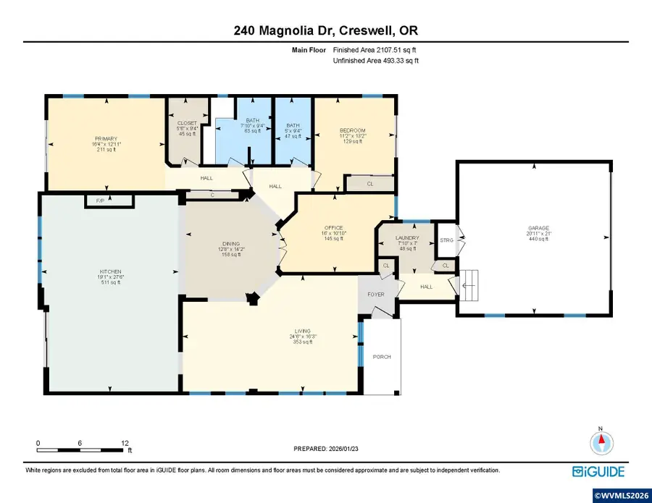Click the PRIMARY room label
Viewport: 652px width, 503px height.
[x=105, y=138]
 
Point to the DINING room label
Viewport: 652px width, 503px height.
[x=232, y=244]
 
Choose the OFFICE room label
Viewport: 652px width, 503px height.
[x=334, y=228]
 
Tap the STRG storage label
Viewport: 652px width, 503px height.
[x=446, y=240]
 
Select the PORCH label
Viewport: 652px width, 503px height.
[x=382, y=357]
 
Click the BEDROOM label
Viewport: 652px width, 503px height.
[x=354, y=130]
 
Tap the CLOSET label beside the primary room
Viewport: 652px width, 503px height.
[x=187, y=123]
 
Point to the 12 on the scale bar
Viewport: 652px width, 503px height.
[x=125, y=442]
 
